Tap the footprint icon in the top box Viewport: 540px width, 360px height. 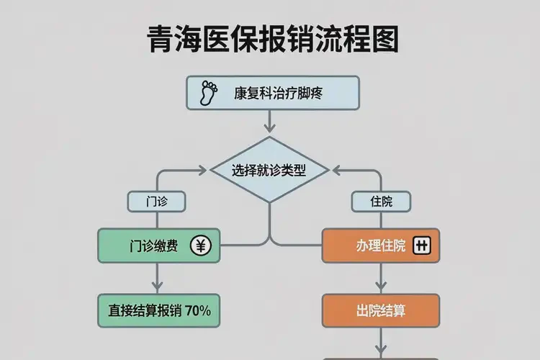pos(209,92)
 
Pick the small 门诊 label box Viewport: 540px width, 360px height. pos(156,202)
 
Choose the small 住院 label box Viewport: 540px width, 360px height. pos(381,202)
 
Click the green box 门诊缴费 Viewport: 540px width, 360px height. pos(159,246)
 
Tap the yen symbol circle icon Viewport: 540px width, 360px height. pos(200,246)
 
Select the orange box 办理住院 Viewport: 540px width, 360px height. pos(380,246)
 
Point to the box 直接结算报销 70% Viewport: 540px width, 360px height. pos(159,311)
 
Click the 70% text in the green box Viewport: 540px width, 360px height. pos(197,311)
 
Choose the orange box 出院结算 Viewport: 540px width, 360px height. pos(380,311)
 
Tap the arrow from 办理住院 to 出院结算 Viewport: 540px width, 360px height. pos(380,277)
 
